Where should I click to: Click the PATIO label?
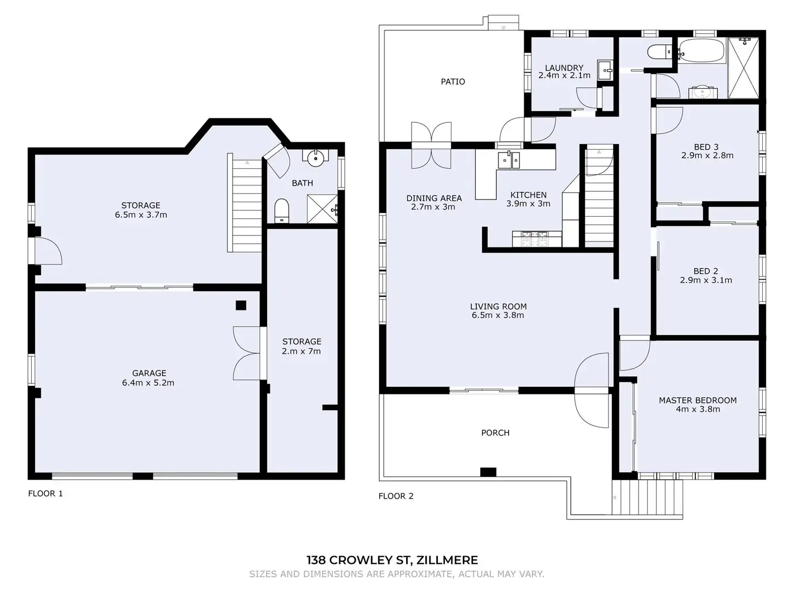coord(453,81)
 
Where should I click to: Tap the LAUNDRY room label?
coord(564,68)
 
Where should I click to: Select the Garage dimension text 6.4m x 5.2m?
coord(148,383)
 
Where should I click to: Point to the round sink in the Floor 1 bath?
coord(316,158)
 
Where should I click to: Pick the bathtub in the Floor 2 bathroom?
coord(701,51)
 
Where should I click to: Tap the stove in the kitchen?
coord(536,239)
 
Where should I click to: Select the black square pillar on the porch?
coord(488,472)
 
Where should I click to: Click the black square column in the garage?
coord(241,305)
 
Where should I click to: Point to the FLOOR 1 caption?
coord(45,494)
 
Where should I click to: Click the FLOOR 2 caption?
coord(396,496)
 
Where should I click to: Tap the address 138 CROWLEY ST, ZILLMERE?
coord(392,560)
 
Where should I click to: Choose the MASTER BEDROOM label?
coord(698,400)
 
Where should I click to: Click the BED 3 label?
coord(706,147)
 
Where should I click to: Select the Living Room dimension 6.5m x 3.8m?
coord(498,315)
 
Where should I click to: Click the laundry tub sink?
coord(605,70)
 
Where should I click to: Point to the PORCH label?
coord(495,433)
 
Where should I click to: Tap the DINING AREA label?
coord(434,198)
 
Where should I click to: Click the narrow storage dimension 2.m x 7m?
coord(302,351)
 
